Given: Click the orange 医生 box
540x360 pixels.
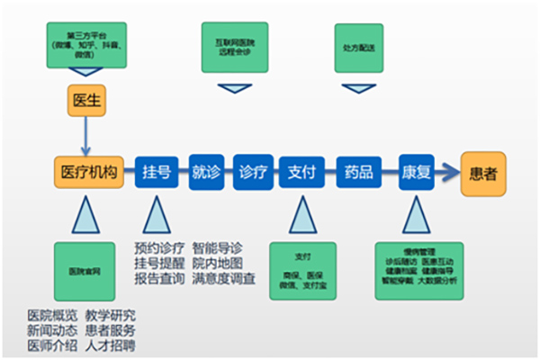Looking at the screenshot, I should (87, 100).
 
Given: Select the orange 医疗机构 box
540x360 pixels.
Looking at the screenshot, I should (87, 171).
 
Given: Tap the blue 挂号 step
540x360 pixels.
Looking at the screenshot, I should (157, 171).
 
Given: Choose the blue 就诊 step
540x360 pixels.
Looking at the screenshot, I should (206, 171).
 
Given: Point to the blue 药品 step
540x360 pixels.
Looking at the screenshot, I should (355, 171).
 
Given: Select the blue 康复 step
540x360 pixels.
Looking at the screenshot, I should (417, 171).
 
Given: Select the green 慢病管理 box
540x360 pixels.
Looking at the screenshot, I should (418, 270).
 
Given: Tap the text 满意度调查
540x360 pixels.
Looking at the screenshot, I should (224, 279).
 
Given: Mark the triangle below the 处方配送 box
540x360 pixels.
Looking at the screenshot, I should (357, 87).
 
